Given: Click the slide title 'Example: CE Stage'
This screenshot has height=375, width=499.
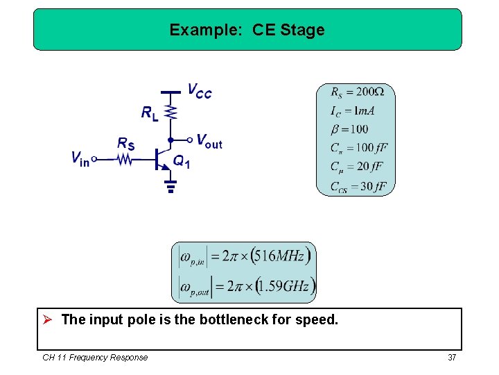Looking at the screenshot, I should [x=247, y=30].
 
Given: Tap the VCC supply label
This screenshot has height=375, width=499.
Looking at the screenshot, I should [x=200, y=90].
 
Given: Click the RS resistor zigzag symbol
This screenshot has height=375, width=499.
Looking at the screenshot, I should [x=124, y=159].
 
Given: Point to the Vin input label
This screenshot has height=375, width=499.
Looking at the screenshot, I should [x=80, y=159].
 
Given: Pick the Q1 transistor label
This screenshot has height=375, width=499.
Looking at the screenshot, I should [x=181, y=162].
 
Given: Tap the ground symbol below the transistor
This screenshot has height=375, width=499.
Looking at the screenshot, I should [x=170, y=185].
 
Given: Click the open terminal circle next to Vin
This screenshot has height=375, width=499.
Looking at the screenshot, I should [x=95, y=159].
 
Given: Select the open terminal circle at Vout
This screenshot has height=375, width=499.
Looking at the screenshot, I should [x=189, y=140].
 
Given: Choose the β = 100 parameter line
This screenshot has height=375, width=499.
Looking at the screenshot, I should [x=349, y=129].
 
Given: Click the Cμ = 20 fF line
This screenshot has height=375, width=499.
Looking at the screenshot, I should [x=356, y=167].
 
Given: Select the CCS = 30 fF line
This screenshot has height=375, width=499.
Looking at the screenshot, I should [x=358, y=186].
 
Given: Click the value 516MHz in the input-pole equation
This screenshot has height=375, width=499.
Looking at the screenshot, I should [x=279, y=256].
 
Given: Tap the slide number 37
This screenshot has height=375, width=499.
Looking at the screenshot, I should [x=452, y=357].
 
